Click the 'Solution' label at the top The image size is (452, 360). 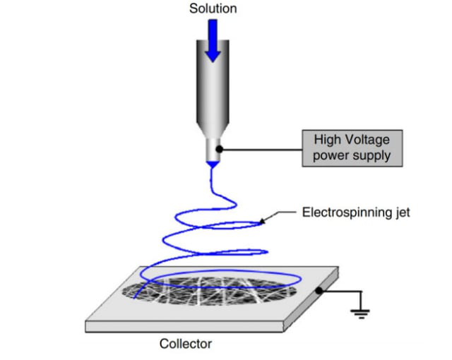[213, 9]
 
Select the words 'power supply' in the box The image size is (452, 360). [351, 155]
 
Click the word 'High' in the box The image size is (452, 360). [328, 140]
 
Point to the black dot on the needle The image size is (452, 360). [220, 149]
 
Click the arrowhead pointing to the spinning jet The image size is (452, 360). [263, 222]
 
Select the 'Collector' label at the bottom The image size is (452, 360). [185, 344]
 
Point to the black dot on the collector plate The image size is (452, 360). [320, 290]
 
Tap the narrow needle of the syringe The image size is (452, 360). [212, 149]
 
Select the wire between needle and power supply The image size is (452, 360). [261, 149]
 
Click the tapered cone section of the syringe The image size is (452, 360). [212, 127]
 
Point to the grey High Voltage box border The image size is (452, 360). [302, 148]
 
